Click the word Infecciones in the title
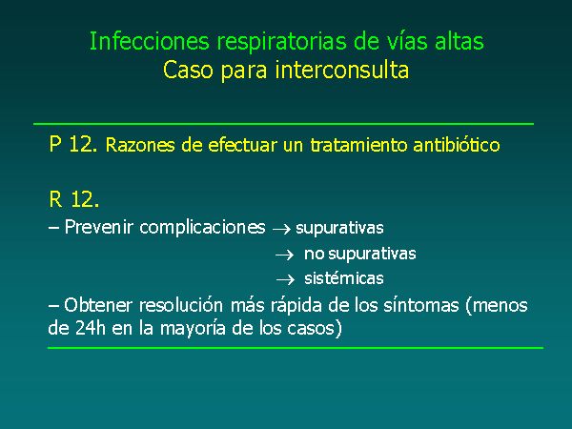(x=150, y=41)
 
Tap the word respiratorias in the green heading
(x=282, y=42)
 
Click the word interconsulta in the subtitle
(x=342, y=70)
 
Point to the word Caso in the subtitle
(x=188, y=70)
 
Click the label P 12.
(x=73, y=144)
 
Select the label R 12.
(x=73, y=199)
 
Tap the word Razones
(x=140, y=145)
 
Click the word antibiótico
(x=457, y=145)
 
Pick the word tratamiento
(x=358, y=145)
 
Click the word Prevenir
(x=98, y=227)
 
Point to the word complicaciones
(x=202, y=228)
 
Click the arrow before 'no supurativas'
(x=284, y=255)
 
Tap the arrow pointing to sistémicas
(x=285, y=280)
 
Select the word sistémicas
(x=343, y=278)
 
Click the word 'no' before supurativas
(x=314, y=255)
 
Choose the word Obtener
(x=98, y=305)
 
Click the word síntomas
(x=421, y=305)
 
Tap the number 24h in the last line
(x=91, y=328)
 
